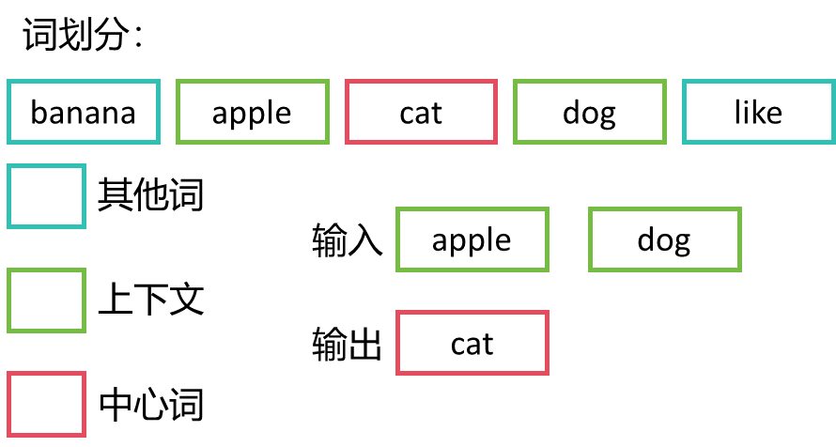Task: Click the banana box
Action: (84, 113)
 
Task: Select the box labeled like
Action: (758, 113)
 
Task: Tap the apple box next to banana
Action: (252, 113)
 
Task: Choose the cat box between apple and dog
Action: (421, 113)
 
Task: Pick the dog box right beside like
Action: (589, 113)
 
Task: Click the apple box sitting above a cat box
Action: (472, 239)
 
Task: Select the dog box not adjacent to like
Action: (664, 239)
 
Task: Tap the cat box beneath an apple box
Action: (472, 343)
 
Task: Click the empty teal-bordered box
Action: (46, 196)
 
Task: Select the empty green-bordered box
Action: (46, 301)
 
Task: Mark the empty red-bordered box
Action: (46, 404)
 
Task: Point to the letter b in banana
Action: (39, 113)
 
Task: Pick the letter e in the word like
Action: (774, 114)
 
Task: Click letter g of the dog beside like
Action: (607, 116)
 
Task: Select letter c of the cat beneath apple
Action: (457, 345)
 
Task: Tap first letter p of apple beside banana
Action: (240, 116)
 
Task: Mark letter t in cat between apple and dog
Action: (437, 114)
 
